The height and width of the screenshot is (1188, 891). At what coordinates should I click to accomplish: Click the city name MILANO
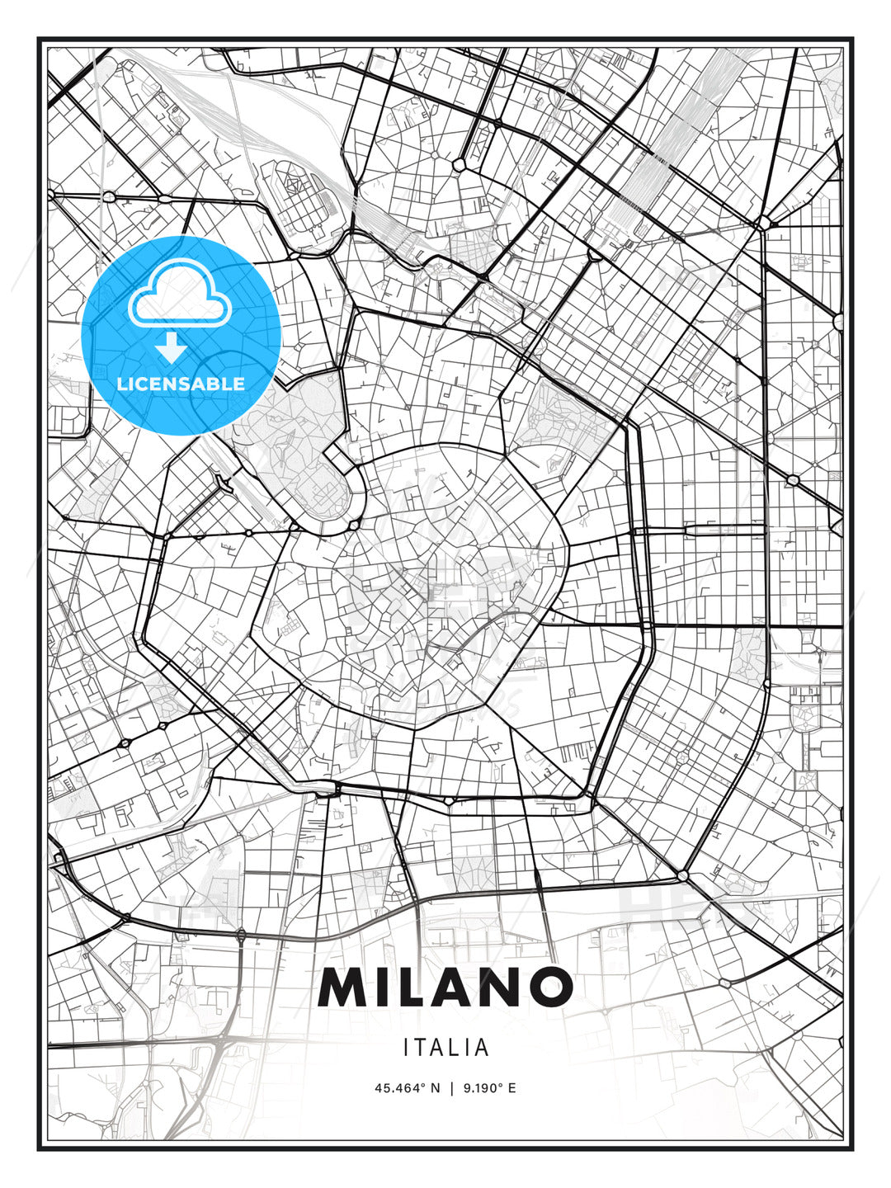tap(445, 987)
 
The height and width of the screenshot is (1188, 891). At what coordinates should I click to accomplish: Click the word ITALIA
tap(446, 1048)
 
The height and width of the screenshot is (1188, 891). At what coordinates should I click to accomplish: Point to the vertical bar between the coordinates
tap(450, 1088)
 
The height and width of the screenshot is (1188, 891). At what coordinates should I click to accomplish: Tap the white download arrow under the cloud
tap(172, 347)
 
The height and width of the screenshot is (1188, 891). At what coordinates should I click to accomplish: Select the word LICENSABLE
tap(181, 384)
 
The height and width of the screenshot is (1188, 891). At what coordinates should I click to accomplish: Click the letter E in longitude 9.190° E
tap(511, 1088)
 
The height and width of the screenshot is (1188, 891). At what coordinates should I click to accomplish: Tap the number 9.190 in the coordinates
tap(478, 1088)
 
